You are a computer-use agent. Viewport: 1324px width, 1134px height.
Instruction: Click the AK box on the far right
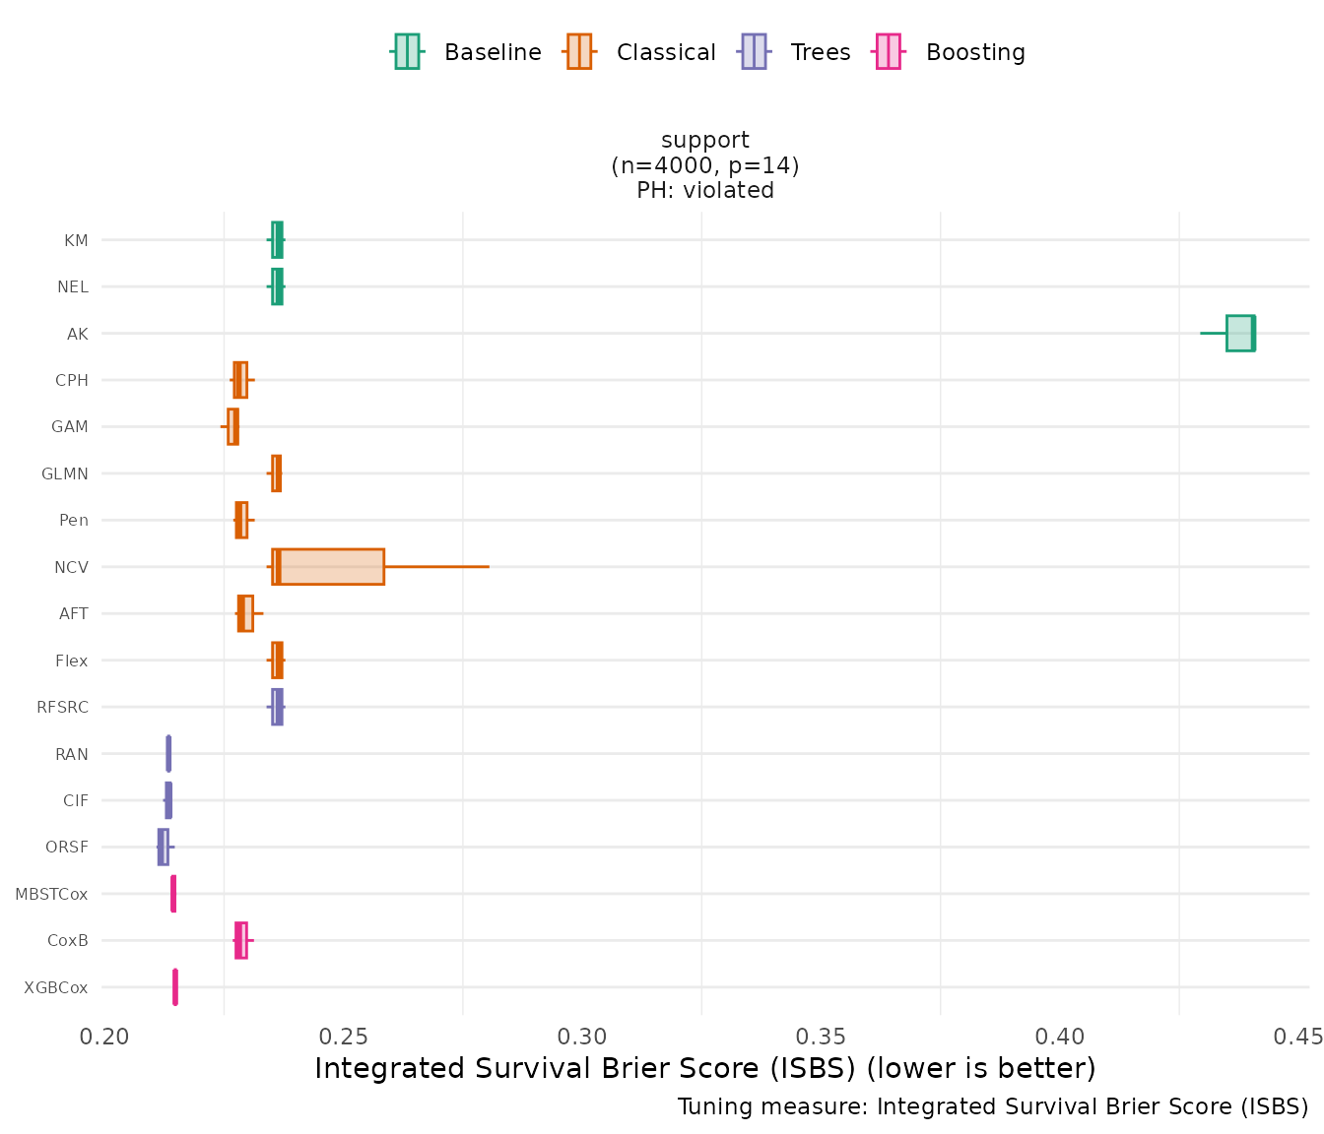point(1240,333)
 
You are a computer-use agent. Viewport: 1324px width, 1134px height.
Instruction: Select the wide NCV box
point(328,567)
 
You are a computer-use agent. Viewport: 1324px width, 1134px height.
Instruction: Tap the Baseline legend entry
point(466,52)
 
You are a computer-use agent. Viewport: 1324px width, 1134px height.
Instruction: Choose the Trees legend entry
point(795,52)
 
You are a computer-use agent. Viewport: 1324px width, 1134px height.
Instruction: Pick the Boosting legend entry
point(951,52)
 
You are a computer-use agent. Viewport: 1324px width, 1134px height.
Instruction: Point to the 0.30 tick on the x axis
point(582,1038)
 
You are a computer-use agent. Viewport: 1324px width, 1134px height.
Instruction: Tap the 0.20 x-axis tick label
point(104,1038)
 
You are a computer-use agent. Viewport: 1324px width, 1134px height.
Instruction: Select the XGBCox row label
point(56,987)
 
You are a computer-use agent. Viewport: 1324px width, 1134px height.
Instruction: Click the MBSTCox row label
point(51,894)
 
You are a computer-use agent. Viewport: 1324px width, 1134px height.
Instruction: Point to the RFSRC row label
point(62,707)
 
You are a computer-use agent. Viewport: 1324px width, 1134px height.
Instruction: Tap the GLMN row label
point(65,473)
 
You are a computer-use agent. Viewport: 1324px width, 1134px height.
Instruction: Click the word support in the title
point(705,141)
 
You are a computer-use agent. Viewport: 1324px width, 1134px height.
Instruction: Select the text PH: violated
point(705,190)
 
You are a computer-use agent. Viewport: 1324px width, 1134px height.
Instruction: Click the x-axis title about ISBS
point(705,1069)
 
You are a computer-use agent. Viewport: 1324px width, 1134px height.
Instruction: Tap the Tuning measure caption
point(993,1107)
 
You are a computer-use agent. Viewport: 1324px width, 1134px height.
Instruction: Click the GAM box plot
point(232,426)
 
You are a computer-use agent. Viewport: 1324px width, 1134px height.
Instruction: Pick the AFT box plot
point(245,613)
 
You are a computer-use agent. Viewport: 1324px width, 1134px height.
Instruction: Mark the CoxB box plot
point(241,940)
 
